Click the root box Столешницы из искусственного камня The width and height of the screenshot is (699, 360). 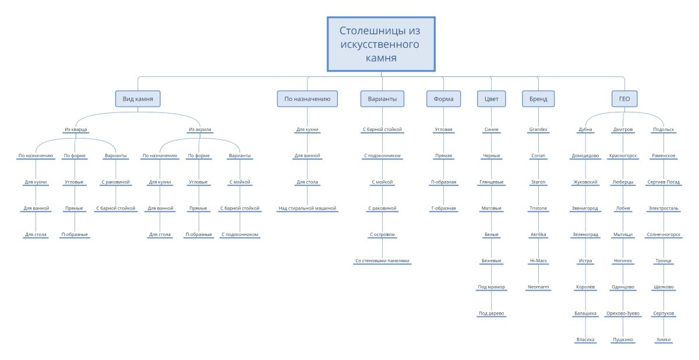[x=381, y=44]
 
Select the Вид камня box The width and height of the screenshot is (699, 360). [x=137, y=99]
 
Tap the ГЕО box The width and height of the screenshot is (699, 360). [x=624, y=99]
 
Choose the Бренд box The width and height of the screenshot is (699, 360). [x=538, y=99]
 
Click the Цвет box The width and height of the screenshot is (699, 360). [x=491, y=99]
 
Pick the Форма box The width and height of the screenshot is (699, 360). [x=443, y=99]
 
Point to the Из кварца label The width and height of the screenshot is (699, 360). [x=76, y=129]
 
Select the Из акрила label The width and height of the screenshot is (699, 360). [x=200, y=129]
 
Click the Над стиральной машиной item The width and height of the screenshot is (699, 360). [x=307, y=208]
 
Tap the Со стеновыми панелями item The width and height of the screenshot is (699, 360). [x=382, y=260]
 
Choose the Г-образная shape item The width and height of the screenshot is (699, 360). [x=443, y=208]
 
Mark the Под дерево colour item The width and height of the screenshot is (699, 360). [x=491, y=313]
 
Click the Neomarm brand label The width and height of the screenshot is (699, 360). [x=538, y=287]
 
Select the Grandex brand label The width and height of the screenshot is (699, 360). [x=538, y=129]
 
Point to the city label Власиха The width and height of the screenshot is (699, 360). [x=585, y=339]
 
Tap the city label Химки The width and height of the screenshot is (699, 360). [x=663, y=339]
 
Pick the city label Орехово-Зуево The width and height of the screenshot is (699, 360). [x=623, y=313]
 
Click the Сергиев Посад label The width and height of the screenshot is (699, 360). [x=663, y=182]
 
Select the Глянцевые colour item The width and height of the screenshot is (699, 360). [x=491, y=182]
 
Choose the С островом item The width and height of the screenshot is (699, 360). [x=382, y=234]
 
